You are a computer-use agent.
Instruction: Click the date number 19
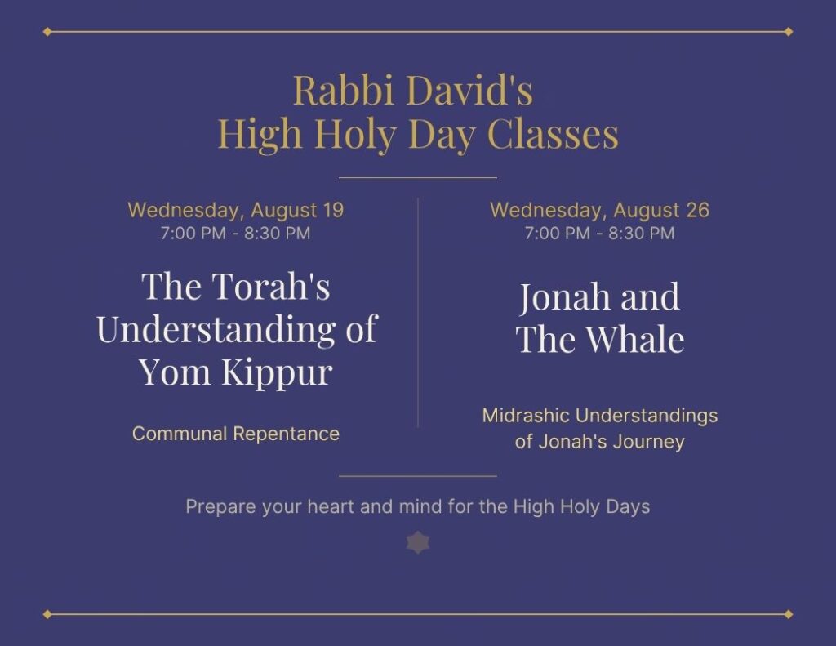pyautogui.click(x=333, y=210)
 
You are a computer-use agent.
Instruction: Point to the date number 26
pyautogui.click(x=697, y=210)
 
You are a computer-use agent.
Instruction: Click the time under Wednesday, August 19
pyautogui.click(x=235, y=233)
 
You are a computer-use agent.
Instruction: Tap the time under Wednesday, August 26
pyautogui.click(x=599, y=233)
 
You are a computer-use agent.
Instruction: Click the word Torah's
pyautogui.click(x=272, y=287)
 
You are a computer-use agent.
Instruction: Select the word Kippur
pyautogui.click(x=277, y=373)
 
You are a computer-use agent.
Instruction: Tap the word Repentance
pyautogui.click(x=287, y=434)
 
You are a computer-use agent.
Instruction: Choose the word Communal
pyautogui.click(x=180, y=434)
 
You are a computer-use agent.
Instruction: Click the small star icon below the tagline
pyautogui.click(x=418, y=542)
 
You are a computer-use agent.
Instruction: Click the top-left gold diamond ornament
pyautogui.click(x=47, y=32)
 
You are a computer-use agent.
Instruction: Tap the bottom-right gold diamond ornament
pyautogui.click(x=789, y=614)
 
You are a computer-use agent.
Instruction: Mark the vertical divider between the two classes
pyautogui.click(x=418, y=313)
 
